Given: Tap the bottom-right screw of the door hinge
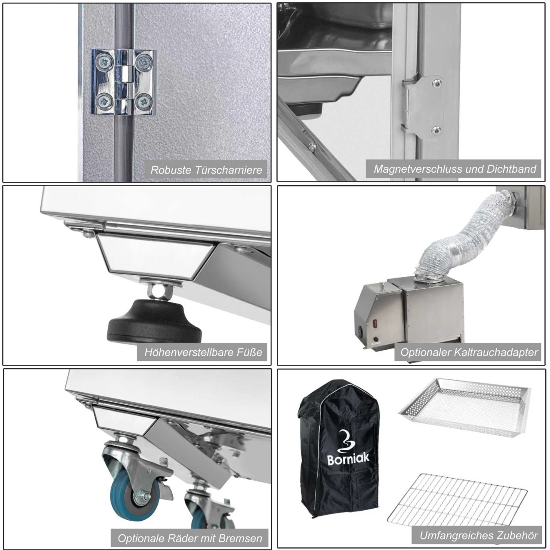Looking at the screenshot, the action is [x=144, y=101].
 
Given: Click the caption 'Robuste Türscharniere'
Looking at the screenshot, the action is [x=206, y=170].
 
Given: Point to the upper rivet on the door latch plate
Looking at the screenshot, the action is [x=437, y=83].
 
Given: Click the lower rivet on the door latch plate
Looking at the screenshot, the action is [x=436, y=130].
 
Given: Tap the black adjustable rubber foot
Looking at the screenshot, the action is [x=154, y=321].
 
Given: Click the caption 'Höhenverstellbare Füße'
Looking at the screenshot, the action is [x=203, y=352].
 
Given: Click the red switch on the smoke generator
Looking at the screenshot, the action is [x=375, y=324].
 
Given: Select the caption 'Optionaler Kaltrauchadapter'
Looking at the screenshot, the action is [x=469, y=352].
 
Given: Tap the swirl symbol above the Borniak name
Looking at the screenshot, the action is [x=346, y=440].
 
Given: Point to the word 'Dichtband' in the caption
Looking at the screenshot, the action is [x=511, y=169].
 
